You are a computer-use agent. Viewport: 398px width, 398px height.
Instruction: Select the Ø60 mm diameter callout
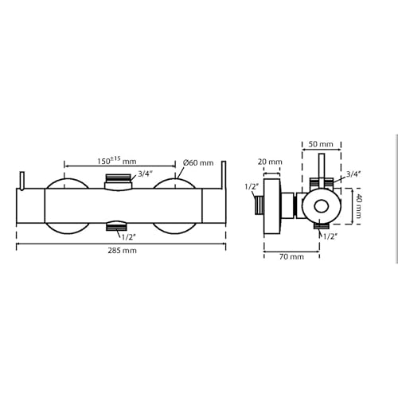coord(198,162)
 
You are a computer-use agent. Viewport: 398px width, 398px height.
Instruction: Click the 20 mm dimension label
coord(271,162)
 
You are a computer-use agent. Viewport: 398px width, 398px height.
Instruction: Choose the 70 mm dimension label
coord(291,256)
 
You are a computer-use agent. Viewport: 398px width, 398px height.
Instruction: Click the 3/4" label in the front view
coord(146,174)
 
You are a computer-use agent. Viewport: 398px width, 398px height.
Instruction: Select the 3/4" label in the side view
coord(353,173)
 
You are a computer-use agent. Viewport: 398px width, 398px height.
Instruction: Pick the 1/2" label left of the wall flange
coord(252,188)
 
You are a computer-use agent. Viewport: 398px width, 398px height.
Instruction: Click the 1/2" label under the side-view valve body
coord(327,237)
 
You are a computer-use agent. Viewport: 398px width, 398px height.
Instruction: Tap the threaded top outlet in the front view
coord(118,180)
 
